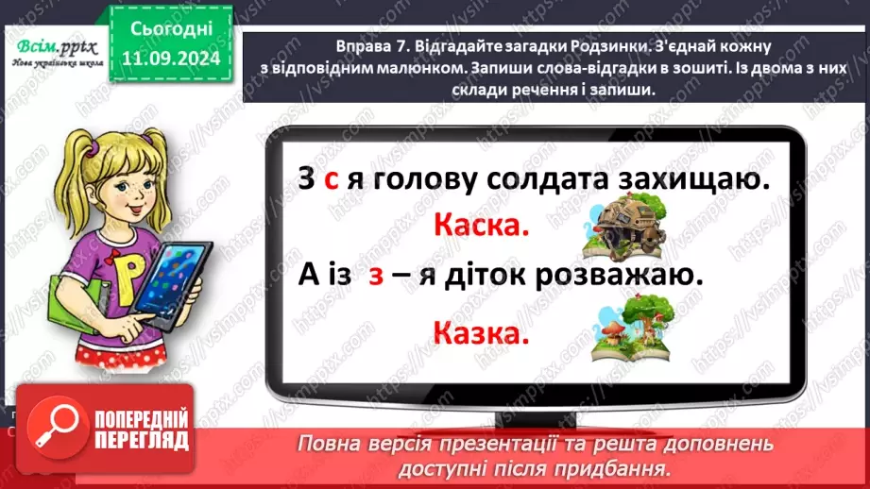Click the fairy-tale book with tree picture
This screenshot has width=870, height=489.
(x=626, y=329)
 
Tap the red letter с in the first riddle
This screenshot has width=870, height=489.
(x=331, y=179)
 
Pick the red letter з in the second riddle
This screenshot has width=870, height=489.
(x=375, y=278)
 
